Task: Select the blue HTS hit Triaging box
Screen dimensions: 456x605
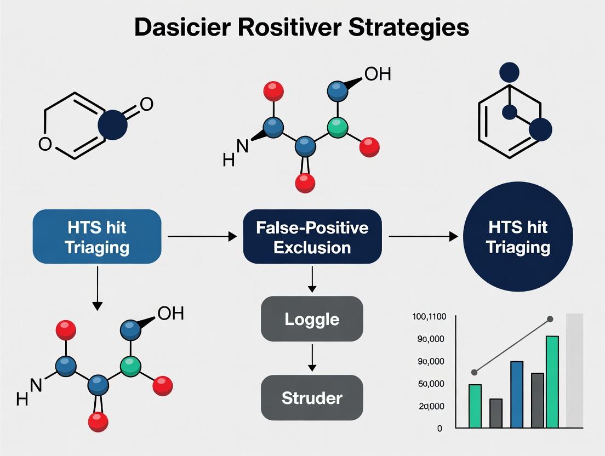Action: tap(97, 236)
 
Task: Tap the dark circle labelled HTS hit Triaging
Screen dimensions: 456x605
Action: tap(518, 237)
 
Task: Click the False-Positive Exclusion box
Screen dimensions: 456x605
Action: tap(312, 236)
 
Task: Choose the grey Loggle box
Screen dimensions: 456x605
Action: tap(312, 319)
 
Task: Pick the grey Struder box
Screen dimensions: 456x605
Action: tap(312, 398)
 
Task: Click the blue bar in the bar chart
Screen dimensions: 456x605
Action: tap(517, 394)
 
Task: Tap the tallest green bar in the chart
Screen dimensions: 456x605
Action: tap(552, 381)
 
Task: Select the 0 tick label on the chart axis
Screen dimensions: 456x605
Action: tap(440, 429)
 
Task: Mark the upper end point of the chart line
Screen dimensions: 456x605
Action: tap(550, 319)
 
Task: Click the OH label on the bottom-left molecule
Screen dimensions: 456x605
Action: tap(170, 314)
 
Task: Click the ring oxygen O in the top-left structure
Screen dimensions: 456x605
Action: tap(45, 144)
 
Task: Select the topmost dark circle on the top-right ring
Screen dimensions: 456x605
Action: tap(509, 72)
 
